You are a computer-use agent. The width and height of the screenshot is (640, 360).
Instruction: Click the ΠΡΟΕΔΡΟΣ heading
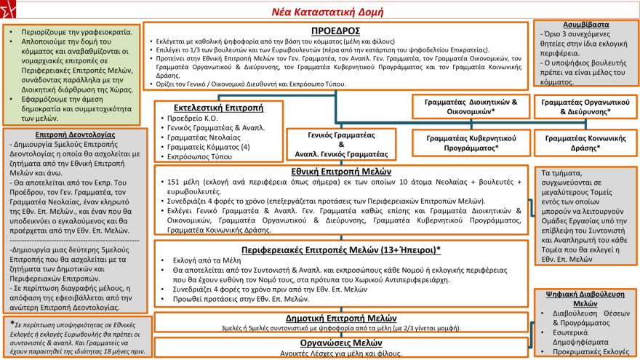[x=337, y=32]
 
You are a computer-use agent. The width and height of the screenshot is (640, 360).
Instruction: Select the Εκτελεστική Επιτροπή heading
[x=208, y=106]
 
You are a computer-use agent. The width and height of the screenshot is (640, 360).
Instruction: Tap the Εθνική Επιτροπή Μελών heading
[x=342, y=172]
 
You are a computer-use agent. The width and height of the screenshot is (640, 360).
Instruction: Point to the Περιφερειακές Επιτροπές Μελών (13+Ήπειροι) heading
[x=342, y=249]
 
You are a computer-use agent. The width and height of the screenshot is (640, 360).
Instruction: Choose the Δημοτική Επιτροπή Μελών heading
[x=342, y=317]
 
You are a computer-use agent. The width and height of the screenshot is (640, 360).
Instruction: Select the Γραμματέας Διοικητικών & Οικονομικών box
[x=471, y=107]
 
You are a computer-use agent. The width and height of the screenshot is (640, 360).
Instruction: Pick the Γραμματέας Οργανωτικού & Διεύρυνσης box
[x=586, y=107]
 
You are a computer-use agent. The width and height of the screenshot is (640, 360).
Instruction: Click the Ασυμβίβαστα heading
[x=586, y=24]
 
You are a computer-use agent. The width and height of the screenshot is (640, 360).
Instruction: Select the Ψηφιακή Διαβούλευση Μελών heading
[x=586, y=299]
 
